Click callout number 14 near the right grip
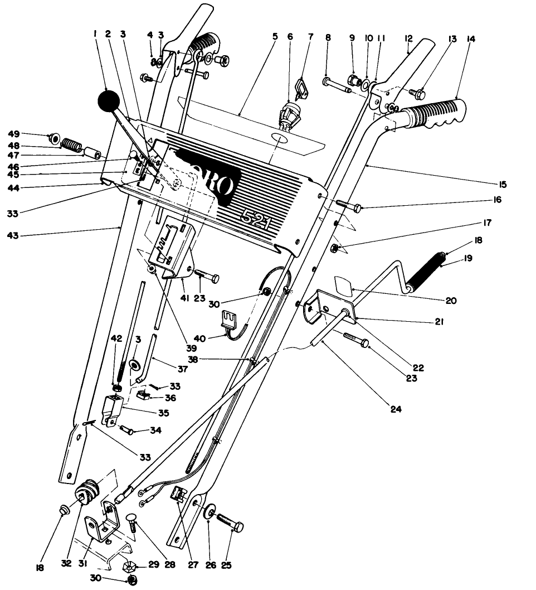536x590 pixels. pyautogui.click(x=471, y=39)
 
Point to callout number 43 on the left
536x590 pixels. pyautogui.click(x=12, y=235)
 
